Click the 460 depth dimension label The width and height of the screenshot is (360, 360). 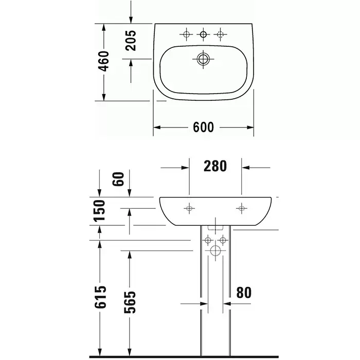coord(103,61)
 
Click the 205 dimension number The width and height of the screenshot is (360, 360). coord(131,41)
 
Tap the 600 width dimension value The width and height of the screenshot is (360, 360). coord(204,127)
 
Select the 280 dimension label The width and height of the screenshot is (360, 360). coord(215,166)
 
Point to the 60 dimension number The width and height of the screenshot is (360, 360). coord(118,179)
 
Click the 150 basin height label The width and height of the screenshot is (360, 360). coord(100,211)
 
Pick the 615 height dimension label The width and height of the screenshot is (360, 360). coord(100,297)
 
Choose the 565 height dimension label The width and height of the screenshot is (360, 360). coord(130,302)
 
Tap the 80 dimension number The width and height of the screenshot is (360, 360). coord(244,293)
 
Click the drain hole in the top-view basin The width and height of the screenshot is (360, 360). coord(203,59)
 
